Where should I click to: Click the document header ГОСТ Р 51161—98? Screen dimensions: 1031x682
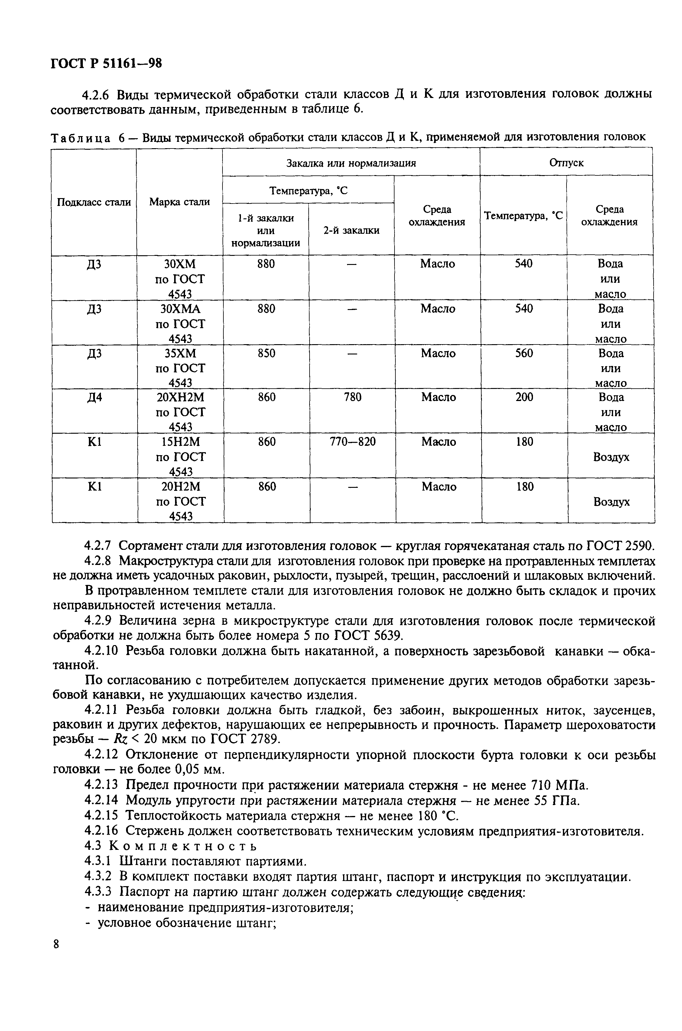[106, 64]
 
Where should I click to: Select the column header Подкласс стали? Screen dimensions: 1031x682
[94, 202]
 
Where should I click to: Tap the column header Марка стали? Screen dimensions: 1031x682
[179, 202]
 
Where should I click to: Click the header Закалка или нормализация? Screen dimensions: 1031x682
[351, 163]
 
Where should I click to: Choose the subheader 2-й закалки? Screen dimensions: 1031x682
[352, 230]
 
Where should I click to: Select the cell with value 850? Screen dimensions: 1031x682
[266, 353]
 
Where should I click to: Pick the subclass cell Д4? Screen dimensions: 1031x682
[94, 397]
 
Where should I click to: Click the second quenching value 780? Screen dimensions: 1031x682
[352, 397]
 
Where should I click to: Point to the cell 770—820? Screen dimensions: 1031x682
[352, 442]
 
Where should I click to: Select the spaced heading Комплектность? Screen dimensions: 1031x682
[182, 846]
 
